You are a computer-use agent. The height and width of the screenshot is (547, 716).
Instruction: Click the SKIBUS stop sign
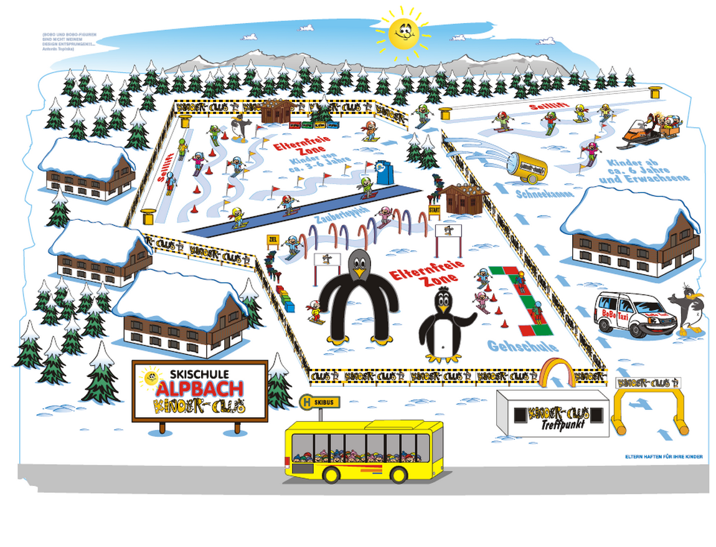(x=319, y=402)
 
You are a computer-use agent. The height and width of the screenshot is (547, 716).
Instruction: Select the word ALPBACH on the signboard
(x=200, y=389)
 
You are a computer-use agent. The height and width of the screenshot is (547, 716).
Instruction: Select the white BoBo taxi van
(x=629, y=315)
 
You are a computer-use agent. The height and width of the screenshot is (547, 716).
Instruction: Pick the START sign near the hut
(x=434, y=210)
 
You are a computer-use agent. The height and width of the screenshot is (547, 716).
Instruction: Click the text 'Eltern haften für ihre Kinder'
(x=664, y=457)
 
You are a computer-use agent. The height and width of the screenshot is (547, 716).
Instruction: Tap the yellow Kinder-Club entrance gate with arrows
(x=648, y=402)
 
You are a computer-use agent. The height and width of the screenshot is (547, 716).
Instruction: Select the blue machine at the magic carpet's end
(x=382, y=173)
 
